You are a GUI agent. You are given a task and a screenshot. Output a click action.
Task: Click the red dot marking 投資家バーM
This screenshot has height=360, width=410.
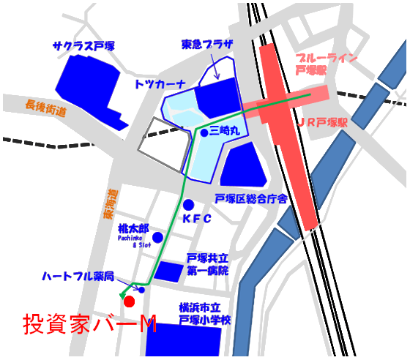pyautogui.click(x=129, y=301)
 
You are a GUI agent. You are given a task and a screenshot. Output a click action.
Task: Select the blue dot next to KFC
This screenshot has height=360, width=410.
pyautogui.click(x=188, y=204)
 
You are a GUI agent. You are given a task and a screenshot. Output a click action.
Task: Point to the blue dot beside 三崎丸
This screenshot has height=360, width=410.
pyautogui.click(x=202, y=132)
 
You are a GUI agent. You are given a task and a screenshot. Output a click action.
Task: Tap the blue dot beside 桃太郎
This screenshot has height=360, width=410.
pyautogui.click(x=157, y=237)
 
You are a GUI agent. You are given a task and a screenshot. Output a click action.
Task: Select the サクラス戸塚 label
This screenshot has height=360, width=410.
pyautogui.click(x=83, y=45)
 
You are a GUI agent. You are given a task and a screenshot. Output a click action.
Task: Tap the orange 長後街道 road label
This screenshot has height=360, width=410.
pyautogui.click(x=45, y=108)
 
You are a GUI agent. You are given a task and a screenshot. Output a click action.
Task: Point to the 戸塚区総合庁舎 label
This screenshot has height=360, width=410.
pyautogui.click(x=250, y=198)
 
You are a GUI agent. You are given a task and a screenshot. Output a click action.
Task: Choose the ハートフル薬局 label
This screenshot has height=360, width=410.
pyautogui.click(x=78, y=277)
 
